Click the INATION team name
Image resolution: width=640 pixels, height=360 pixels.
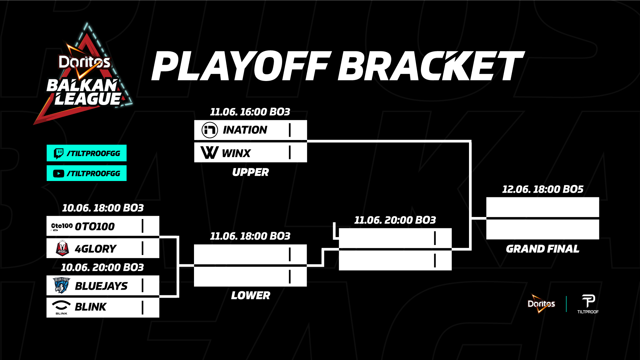tap(245, 130)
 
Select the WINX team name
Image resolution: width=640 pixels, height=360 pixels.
tap(236, 153)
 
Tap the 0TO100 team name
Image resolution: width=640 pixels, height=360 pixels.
tap(95, 227)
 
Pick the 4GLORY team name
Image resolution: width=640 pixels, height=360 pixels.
tap(96, 249)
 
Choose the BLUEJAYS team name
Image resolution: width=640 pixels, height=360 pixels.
tap(101, 286)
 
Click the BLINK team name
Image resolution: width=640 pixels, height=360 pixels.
tap(91, 307)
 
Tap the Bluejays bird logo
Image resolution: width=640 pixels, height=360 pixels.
tap(62, 285)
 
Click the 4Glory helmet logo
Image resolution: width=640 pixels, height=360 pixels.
tap(62, 248)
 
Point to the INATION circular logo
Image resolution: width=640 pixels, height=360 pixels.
tap(210, 130)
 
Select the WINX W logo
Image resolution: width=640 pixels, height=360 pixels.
tap(210, 152)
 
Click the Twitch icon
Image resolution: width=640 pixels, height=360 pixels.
tap(59, 153)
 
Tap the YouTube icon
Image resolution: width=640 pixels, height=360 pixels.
tap(59, 174)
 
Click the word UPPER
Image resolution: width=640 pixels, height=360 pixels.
tap(250, 172)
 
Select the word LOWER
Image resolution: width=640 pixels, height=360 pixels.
tap(251, 295)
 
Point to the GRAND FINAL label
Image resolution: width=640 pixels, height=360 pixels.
tap(543, 249)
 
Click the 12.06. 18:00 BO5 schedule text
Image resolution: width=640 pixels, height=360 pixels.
tap(543, 189)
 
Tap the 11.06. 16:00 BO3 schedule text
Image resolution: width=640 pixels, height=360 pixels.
tap(250, 112)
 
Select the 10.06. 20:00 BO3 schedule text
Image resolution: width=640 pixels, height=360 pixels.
tap(102, 267)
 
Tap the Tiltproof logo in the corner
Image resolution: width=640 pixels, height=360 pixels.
tap(588, 304)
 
